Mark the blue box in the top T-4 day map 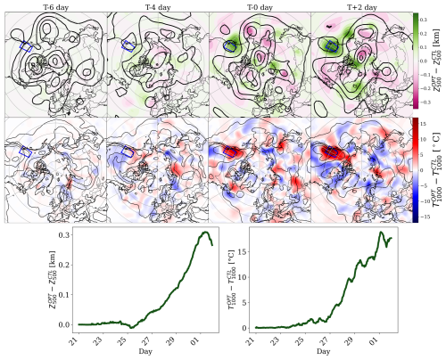tap(128, 44)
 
